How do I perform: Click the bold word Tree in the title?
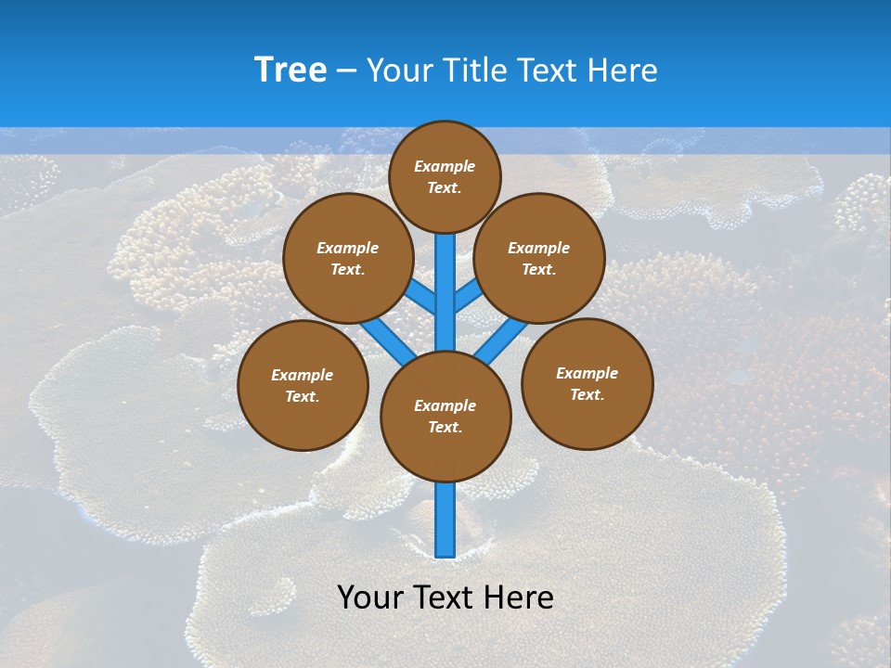291,71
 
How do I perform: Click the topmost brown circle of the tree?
445,176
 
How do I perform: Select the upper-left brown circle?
347,258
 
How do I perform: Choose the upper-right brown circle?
539,258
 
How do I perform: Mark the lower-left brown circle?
303,385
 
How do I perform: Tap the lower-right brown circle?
587,383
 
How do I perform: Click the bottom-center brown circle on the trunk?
445,416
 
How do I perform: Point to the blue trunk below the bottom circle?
445,520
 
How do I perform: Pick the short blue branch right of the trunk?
468,296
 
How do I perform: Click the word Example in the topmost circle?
445,166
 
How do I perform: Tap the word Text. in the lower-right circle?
587,394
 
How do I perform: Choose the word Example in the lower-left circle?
302,375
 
